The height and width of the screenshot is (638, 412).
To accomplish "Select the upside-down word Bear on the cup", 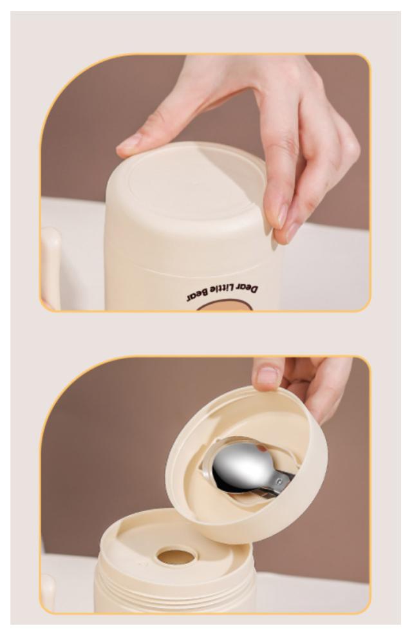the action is pyautogui.click(x=196, y=296).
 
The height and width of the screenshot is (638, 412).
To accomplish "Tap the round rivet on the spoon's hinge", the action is pyautogui.click(x=279, y=482).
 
